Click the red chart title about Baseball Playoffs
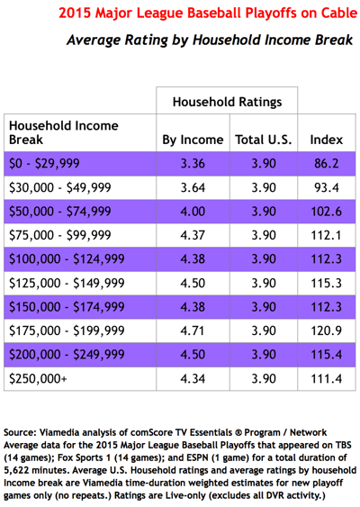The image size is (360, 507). tap(208, 14)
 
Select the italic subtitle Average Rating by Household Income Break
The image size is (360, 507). tap(210, 41)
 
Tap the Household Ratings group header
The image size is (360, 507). tap(227, 102)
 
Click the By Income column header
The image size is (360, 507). tap(193, 140)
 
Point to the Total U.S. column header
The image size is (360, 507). tap(264, 140)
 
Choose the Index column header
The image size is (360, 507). tap(327, 140)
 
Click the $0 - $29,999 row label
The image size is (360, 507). tap(44, 163)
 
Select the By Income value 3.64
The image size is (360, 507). tap(193, 187)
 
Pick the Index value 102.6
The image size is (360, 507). tap(327, 212)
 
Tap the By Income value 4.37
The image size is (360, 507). tap(193, 235)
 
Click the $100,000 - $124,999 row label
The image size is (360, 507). tap(67, 259)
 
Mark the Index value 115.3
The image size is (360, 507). tap(327, 284)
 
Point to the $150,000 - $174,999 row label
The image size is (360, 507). tap(67, 307)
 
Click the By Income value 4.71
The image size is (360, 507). tap(193, 330)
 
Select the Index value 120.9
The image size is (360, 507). tap(327, 330)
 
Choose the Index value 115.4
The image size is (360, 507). tap(327, 355)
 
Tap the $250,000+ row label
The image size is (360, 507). tap(38, 378)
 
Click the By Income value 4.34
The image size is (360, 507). tap(193, 378)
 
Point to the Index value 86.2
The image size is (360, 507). tap(327, 164)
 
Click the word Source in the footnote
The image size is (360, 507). tap(20, 432)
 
